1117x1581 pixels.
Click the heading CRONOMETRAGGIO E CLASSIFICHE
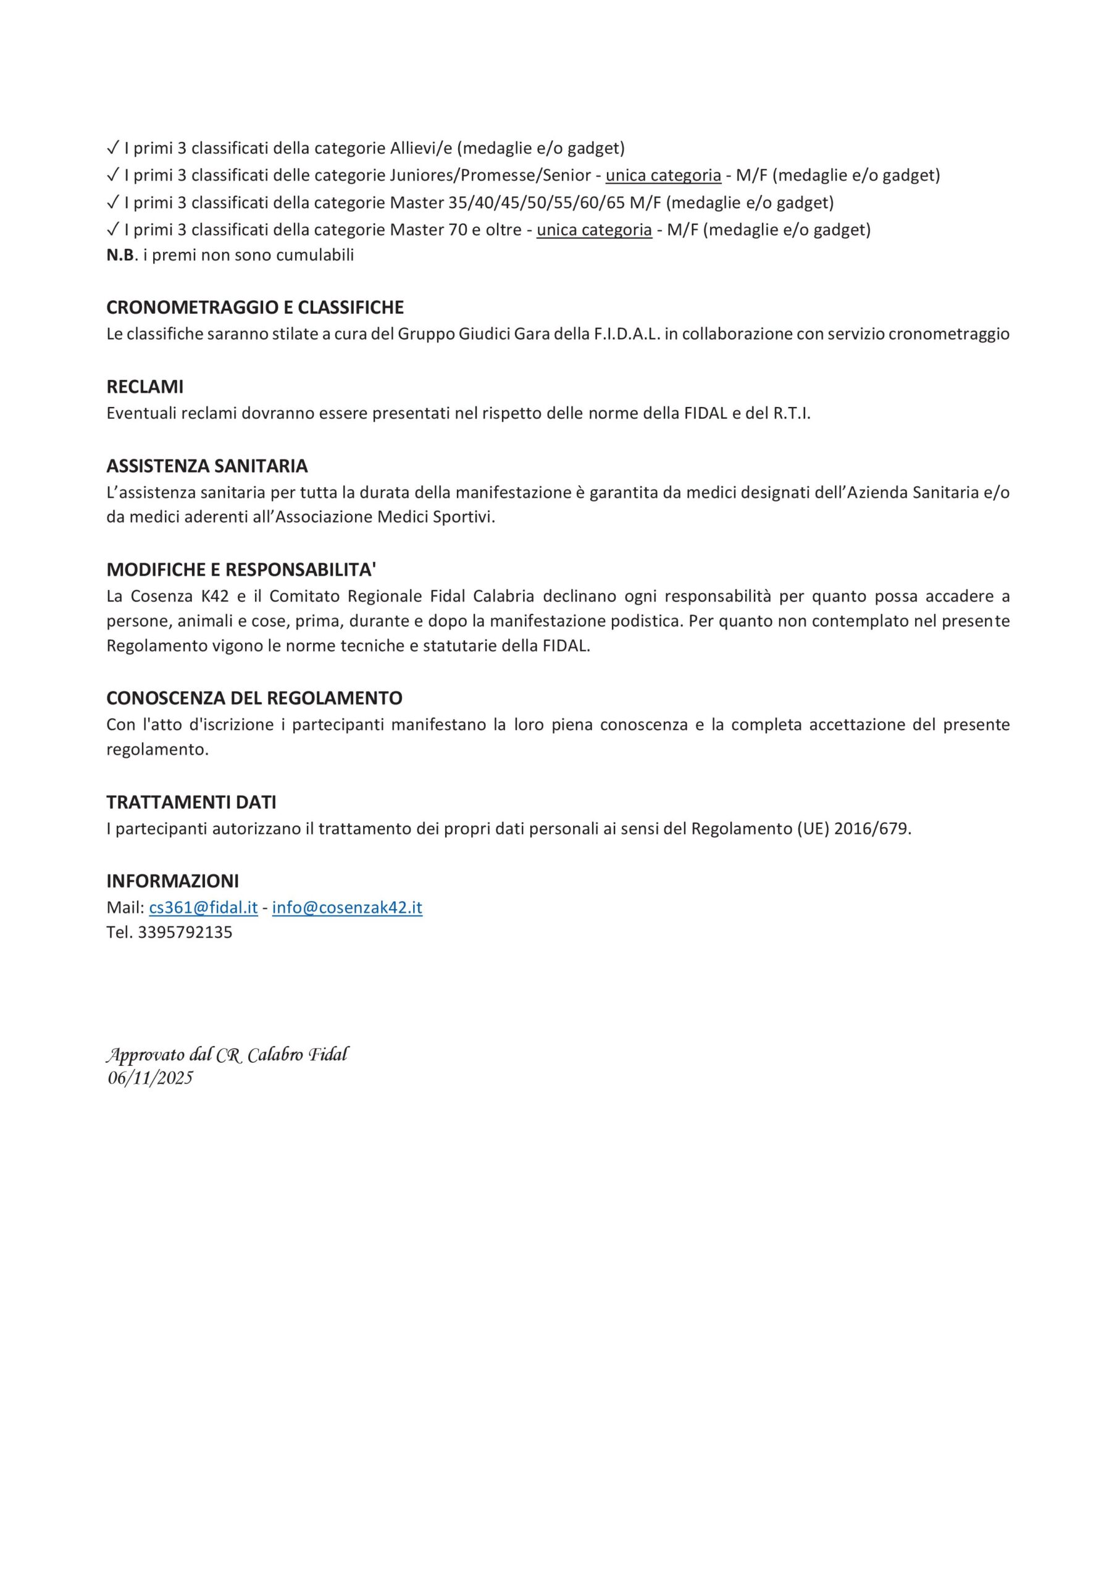coord(255,307)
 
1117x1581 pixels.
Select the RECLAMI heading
coord(144,387)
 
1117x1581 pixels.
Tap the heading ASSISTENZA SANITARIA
coord(207,466)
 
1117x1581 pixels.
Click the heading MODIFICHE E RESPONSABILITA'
coord(241,569)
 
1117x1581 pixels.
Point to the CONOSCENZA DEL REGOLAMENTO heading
coord(254,698)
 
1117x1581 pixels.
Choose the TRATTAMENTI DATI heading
coord(191,802)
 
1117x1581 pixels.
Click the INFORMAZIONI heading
coord(172,881)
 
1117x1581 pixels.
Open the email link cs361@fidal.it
coord(203,908)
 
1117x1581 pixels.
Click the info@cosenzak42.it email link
coord(347,908)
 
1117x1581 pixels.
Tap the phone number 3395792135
coord(185,933)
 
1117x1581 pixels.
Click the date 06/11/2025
coord(150,1078)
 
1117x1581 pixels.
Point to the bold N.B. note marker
coord(120,256)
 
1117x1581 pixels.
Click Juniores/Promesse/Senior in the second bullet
coord(490,175)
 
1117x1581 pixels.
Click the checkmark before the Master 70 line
coord(113,229)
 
